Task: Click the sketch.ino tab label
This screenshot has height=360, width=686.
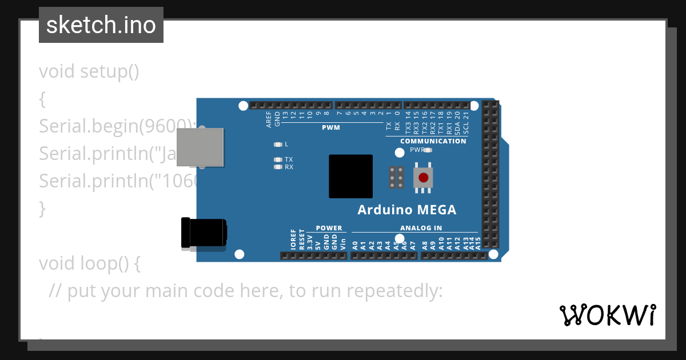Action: click(x=101, y=25)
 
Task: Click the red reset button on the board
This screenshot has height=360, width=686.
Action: click(x=423, y=178)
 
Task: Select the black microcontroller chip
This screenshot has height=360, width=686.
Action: click(x=350, y=177)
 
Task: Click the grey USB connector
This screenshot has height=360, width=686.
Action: click(x=200, y=147)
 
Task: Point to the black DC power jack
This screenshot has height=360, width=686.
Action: click(x=203, y=234)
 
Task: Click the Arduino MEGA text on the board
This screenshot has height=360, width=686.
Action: click(x=407, y=210)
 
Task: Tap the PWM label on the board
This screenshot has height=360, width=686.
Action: click(x=330, y=127)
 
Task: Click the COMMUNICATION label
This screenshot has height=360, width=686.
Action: click(x=433, y=141)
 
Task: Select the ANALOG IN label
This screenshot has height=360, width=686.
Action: click(x=421, y=228)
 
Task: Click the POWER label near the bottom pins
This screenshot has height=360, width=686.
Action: click(x=329, y=228)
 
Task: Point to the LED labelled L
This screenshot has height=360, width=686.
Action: click(x=278, y=145)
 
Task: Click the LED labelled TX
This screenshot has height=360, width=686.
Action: click(x=278, y=159)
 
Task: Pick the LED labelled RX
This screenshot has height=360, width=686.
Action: click(x=278, y=167)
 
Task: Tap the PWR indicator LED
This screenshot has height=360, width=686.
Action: click(x=428, y=150)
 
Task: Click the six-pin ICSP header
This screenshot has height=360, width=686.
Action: click(x=396, y=178)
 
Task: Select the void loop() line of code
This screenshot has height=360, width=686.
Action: click(x=89, y=263)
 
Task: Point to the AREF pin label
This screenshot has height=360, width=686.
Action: click(x=269, y=118)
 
